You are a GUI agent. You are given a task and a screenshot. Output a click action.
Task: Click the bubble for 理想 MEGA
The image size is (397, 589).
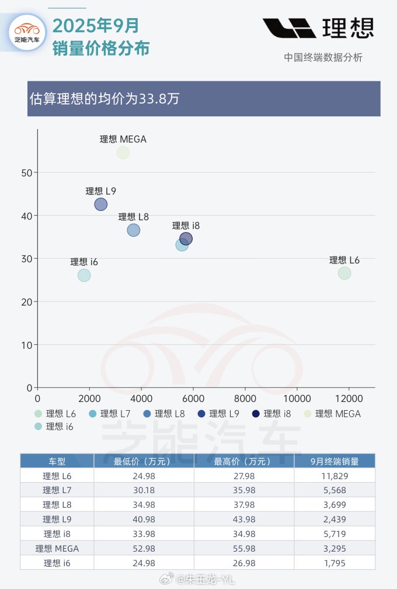click(123, 153)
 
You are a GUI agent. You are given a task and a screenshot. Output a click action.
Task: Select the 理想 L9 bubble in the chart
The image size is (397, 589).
click(101, 204)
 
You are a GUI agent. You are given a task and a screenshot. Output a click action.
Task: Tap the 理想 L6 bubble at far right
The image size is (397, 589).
click(344, 273)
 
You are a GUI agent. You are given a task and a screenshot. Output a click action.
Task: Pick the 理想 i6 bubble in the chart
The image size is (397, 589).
click(84, 275)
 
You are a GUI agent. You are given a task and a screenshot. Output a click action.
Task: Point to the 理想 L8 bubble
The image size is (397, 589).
click(134, 230)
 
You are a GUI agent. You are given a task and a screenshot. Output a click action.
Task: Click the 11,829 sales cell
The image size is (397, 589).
click(343, 476)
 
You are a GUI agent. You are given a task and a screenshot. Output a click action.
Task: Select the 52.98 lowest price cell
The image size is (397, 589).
click(143, 548)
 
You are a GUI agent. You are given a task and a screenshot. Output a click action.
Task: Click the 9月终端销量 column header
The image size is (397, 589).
click(343, 461)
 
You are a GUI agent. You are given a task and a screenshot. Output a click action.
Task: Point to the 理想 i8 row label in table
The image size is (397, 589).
click(57, 533)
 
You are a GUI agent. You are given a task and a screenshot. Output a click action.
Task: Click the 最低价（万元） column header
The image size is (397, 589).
click(143, 461)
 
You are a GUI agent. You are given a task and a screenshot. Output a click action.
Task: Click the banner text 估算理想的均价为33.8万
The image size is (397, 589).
click(104, 99)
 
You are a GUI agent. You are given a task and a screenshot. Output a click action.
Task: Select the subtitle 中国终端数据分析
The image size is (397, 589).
click(323, 57)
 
